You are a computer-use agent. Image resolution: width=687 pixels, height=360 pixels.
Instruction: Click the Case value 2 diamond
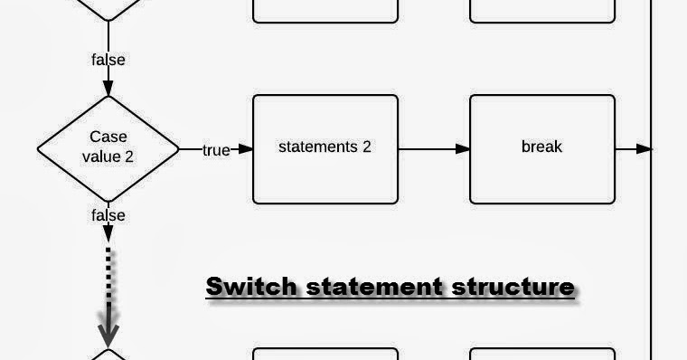(108, 148)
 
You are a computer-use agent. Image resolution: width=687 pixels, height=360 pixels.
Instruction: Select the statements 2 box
(325, 148)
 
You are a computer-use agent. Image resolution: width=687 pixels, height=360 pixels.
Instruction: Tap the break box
(542, 148)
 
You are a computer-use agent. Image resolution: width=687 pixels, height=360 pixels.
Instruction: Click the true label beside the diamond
(216, 150)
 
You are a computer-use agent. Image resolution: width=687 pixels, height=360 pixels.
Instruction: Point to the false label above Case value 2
(108, 60)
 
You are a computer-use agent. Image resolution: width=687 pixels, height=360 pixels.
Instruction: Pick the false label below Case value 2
(108, 215)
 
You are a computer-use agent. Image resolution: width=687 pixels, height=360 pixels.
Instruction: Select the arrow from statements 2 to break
(433, 148)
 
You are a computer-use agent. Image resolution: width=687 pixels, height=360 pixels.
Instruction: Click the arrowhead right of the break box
(643, 148)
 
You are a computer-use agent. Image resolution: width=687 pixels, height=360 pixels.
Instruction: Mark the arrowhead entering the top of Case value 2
(108, 89)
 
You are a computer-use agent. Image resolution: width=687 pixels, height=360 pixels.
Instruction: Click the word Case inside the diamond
(108, 137)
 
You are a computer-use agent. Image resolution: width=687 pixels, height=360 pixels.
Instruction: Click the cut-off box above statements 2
(325, 10)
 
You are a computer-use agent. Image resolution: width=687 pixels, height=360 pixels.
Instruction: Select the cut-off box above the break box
(542, 10)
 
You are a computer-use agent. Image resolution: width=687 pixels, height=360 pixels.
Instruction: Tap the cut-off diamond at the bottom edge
(108, 354)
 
